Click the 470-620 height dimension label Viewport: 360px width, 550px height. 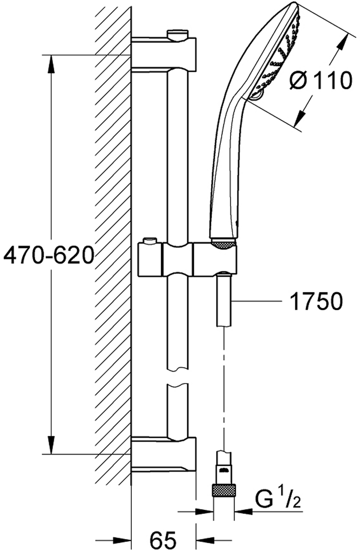(x=49, y=255)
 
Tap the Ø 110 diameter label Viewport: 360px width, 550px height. (x=321, y=80)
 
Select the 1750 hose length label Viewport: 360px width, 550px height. (x=316, y=301)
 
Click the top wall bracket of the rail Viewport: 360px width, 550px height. (x=164, y=52)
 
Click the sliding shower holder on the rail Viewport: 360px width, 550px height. (x=188, y=259)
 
